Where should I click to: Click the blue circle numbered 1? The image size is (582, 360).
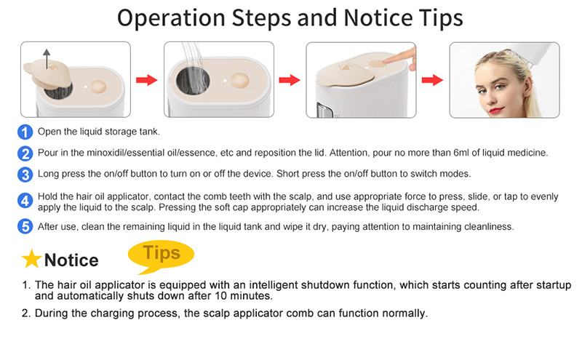click(x=25, y=132)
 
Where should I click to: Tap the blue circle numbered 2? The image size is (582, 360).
click(x=25, y=153)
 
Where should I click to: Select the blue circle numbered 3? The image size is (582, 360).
click(x=25, y=175)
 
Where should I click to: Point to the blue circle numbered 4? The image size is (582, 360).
click(x=25, y=201)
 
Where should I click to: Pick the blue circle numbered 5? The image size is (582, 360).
click(x=25, y=226)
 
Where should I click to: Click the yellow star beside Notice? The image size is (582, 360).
click(x=31, y=259)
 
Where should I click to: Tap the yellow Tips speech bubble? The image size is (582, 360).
click(x=161, y=255)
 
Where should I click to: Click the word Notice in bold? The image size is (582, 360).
click(x=71, y=260)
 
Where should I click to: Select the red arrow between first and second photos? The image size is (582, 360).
click(x=147, y=80)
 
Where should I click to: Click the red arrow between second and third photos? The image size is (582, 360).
click(x=290, y=80)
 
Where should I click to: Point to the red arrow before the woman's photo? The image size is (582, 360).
click(x=432, y=80)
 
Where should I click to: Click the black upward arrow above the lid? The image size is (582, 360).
click(x=47, y=59)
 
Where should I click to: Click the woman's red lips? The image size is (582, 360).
click(x=496, y=110)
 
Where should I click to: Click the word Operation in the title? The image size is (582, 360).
click(x=171, y=17)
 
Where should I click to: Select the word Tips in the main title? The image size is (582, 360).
click(x=441, y=17)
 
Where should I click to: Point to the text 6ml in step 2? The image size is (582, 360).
click(x=461, y=153)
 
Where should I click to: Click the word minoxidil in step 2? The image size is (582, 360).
click(x=104, y=153)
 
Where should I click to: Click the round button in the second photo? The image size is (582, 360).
click(x=240, y=81)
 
